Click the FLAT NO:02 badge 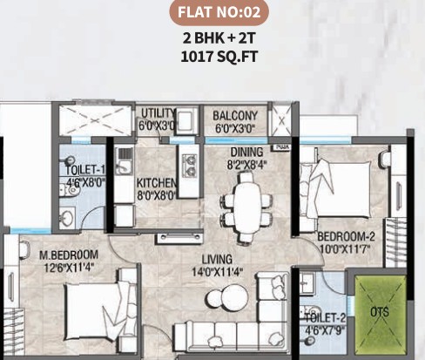click(x=219, y=12)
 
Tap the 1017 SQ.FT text click(x=219, y=57)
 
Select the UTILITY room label click(x=159, y=113)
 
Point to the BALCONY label click(x=235, y=116)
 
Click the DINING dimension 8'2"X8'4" click(x=246, y=165)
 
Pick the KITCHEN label click(x=156, y=183)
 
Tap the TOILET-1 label click(x=85, y=170)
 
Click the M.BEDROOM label click(x=69, y=255)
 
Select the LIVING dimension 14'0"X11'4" click(x=217, y=272)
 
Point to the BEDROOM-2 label click(x=346, y=236)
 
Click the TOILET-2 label click(x=326, y=318)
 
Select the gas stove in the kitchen click(x=189, y=166)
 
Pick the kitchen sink click(x=125, y=161)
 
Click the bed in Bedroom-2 click(x=335, y=190)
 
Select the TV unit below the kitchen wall click(x=179, y=238)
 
